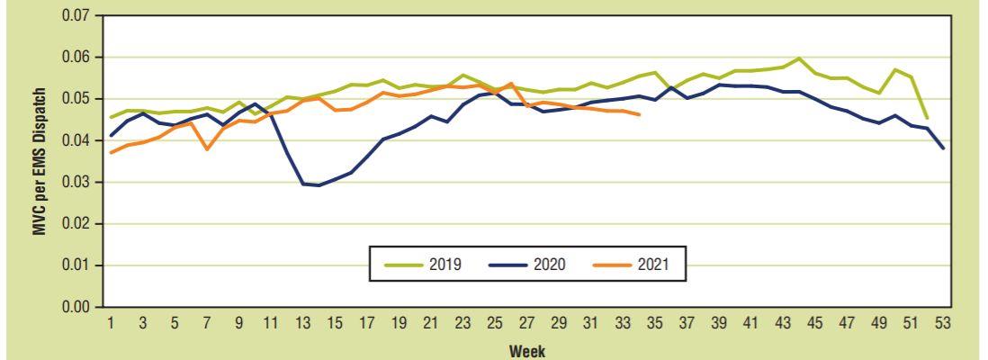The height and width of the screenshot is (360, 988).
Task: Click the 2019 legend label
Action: tap(445, 265)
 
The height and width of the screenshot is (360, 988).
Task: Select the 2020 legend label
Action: tap(549, 265)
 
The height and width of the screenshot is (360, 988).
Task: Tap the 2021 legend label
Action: tap(651, 265)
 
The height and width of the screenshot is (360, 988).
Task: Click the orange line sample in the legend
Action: tap(610, 265)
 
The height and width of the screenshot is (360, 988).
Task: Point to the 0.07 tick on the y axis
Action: tap(75, 15)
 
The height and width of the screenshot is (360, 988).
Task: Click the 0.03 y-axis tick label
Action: tap(75, 182)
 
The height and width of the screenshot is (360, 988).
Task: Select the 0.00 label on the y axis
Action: tap(75, 307)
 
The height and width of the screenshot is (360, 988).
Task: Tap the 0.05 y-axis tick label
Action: tap(75, 99)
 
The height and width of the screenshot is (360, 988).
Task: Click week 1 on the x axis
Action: tap(111, 323)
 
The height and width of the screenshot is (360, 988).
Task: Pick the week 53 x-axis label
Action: tap(943, 323)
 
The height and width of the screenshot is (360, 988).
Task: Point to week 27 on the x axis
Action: tap(526, 323)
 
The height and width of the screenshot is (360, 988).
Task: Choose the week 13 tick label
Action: tap(303, 323)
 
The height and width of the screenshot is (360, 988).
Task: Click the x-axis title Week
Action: tap(527, 350)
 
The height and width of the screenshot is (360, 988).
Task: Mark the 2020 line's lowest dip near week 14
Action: tap(319, 185)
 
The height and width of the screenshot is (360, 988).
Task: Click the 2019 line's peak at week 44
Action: tap(799, 58)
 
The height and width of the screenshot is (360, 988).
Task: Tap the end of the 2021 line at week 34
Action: tap(640, 114)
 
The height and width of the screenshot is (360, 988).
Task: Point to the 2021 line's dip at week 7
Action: tap(207, 148)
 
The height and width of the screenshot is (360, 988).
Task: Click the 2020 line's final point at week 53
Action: tap(943, 148)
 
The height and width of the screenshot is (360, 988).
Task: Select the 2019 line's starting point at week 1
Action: tap(111, 117)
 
